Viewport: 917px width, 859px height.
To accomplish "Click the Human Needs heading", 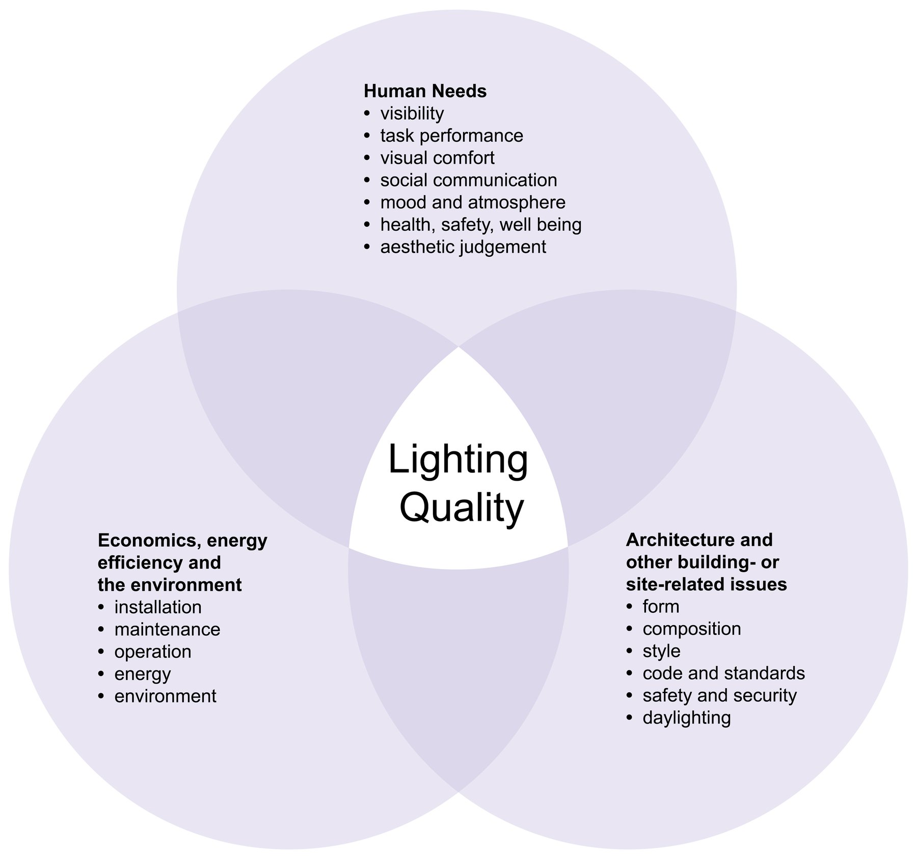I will [425, 91].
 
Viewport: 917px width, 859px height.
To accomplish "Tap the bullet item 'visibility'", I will [412, 114].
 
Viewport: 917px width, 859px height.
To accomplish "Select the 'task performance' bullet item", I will [451, 136].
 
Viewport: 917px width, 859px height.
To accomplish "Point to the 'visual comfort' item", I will [437, 158].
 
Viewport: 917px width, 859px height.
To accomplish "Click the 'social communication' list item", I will [468, 180].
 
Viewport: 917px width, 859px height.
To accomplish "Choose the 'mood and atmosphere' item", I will [472, 202].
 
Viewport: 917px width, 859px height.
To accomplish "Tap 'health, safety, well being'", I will [480, 225].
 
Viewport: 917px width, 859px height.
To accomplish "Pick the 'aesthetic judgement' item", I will [463, 247].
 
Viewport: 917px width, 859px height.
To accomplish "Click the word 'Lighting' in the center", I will [458, 460].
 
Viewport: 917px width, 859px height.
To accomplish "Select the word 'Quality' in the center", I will [462, 508].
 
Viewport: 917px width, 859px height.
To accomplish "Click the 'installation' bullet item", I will [157, 607].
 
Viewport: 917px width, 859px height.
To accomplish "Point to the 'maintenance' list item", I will [167, 630].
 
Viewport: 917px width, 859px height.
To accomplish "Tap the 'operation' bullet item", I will [152, 652].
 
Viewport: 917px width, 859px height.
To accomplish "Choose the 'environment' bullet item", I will [165, 696].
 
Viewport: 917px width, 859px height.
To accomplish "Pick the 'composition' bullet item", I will [691, 629].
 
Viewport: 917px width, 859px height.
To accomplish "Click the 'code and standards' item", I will [723, 674].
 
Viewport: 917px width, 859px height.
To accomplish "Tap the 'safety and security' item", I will [719, 695].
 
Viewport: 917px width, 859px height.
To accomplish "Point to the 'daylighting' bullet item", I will [686, 718].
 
